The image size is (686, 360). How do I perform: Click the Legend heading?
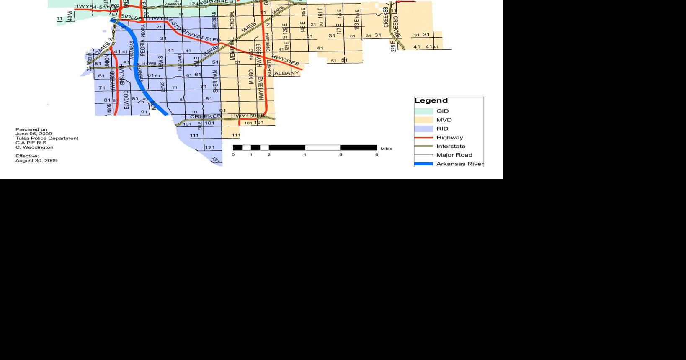coord(431,100)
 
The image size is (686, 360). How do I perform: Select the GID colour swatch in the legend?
coord(423,111)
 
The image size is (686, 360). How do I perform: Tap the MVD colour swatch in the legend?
coord(423,120)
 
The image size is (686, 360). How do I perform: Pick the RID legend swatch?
coord(423,129)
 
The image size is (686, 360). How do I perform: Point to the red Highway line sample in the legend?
coord(423,137)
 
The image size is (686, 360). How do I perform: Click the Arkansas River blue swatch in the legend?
coord(423,164)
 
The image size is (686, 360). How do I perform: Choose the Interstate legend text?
coord(451,146)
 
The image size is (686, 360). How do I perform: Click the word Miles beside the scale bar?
coord(386,149)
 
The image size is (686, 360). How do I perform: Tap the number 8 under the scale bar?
coord(377,154)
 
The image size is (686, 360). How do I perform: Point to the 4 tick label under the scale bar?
coord(305,154)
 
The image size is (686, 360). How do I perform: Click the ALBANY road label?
coord(287,73)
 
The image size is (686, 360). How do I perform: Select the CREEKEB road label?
coord(205,116)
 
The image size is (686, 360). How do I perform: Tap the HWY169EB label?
coord(248,116)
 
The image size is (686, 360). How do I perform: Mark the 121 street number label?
coord(209,147)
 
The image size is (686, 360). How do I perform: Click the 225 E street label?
coord(393,46)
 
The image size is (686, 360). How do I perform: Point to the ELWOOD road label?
coord(126,100)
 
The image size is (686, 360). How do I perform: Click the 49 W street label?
coord(70,16)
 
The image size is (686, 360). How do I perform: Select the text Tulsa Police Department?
coord(47,138)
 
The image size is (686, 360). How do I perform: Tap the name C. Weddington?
coord(34,147)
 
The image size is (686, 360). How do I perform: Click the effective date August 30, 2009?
coord(36,160)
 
